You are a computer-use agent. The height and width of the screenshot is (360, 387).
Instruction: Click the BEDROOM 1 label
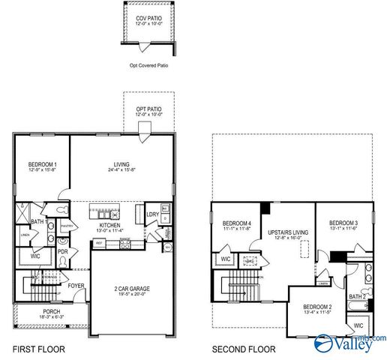42,164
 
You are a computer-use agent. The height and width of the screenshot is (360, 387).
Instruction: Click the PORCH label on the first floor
51,311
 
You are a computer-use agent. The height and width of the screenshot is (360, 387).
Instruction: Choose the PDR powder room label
63,251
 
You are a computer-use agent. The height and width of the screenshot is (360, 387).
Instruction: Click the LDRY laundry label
152,214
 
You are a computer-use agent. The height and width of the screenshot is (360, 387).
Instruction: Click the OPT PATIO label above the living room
148,109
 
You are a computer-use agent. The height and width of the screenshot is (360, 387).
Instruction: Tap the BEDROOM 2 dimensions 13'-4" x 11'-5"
317,313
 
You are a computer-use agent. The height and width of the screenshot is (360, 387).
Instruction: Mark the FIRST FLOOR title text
38,349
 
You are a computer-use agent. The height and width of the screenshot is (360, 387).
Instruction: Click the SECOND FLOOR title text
243,349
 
